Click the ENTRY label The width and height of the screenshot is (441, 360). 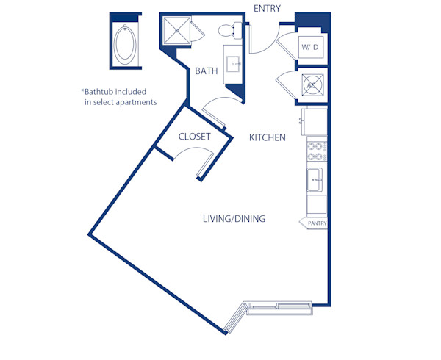[266, 8]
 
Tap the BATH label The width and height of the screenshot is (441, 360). [206, 71]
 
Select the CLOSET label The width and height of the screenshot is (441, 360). [195, 137]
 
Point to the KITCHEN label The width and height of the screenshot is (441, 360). [267, 137]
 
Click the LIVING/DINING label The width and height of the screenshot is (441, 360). [234, 219]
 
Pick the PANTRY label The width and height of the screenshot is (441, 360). [317, 223]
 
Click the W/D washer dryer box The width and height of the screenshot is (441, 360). [310, 48]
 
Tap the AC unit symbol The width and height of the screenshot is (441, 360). [311, 85]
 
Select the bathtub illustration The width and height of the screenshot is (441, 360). [126, 44]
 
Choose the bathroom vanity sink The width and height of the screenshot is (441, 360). [235, 64]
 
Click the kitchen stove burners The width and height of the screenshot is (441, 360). [316, 151]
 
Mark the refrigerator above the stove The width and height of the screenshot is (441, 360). [315, 120]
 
